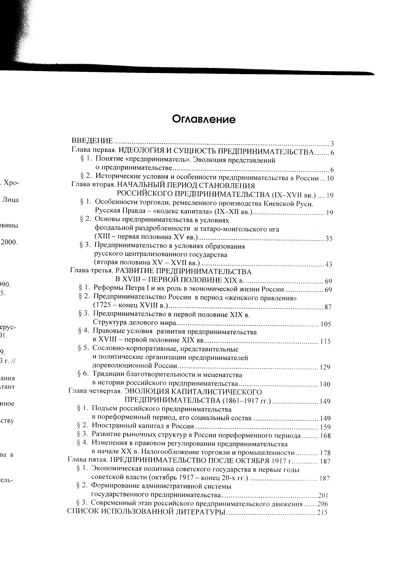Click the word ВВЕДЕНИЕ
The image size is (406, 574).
(92, 141)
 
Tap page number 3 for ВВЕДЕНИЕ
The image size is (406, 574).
(332, 144)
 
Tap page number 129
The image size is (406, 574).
(325, 367)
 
